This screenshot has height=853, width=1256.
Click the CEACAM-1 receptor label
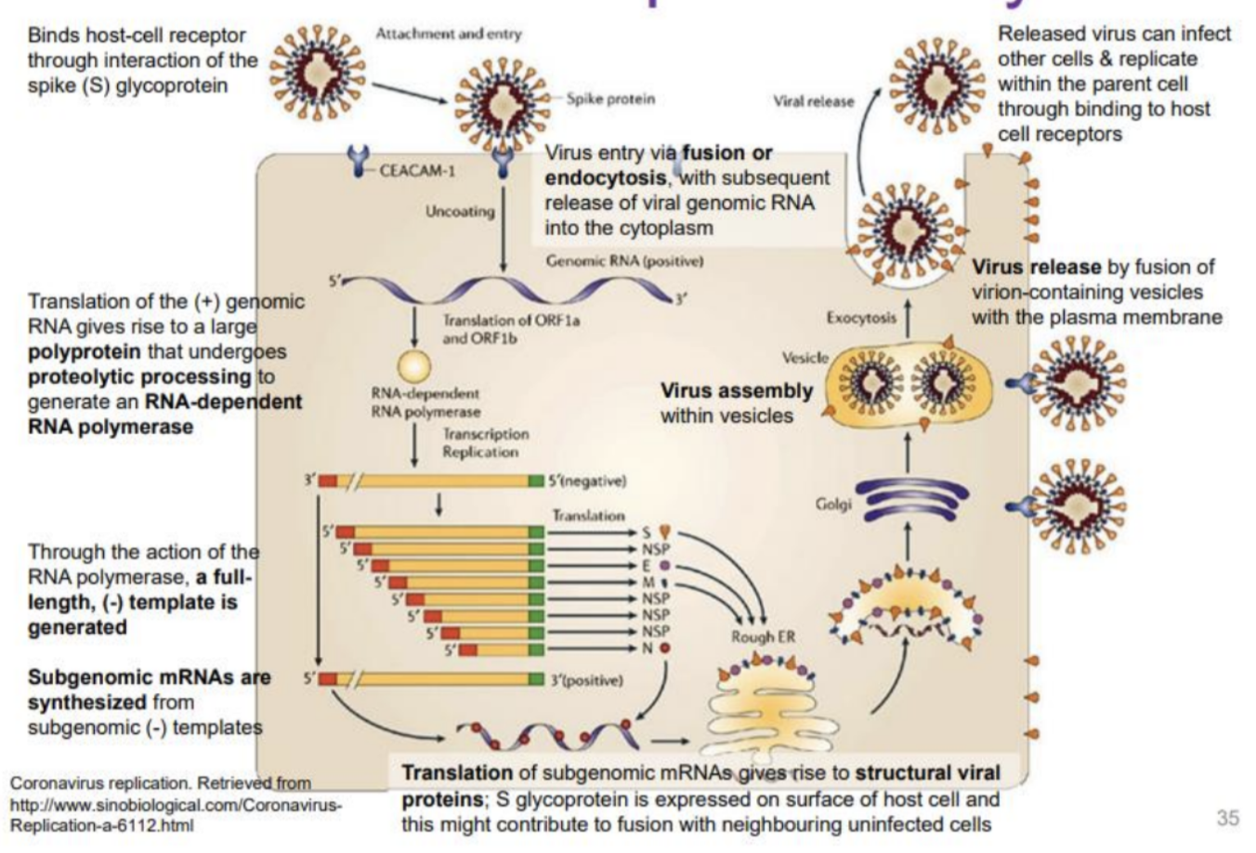(x=415, y=171)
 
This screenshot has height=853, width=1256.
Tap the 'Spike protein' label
(x=610, y=98)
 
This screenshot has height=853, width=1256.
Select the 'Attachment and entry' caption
(x=449, y=34)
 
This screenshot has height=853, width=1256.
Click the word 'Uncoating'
(x=460, y=212)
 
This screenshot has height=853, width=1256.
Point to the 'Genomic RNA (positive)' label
(x=624, y=261)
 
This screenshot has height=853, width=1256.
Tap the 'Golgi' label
(x=833, y=504)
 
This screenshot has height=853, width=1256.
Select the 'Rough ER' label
(x=763, y=636)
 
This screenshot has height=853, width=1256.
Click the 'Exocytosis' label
(x=861, y=318)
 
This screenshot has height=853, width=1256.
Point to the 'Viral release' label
(x=813, y=102)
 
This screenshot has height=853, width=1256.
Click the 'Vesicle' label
(x=805, y=358)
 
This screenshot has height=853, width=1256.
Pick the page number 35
(x=1227, y=818)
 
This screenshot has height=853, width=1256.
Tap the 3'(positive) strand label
(x=586, y=680)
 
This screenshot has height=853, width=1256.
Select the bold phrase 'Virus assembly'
(x=736, y=391)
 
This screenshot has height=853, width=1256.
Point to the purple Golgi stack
(x=906, y=500)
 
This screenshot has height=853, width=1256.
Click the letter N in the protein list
(x=647, y=648)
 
